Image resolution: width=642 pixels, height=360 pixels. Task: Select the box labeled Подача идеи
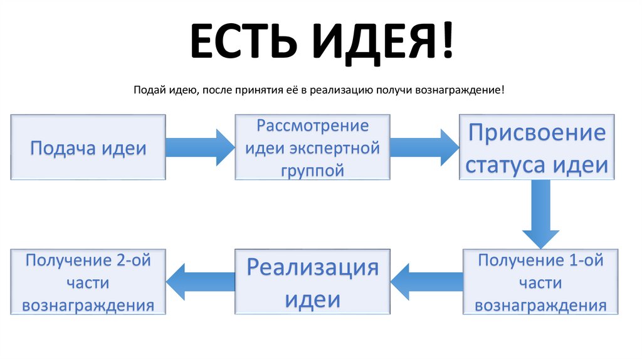pyautogui.click(x=88, y=148)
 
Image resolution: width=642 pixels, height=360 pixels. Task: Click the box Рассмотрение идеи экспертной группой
pyautogui.click(x=312, y=148)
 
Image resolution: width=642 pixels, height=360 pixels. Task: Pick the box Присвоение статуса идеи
pyautogui.click(x=537, y=148)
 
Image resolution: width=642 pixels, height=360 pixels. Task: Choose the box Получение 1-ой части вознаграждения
pyautogui.click(x=540, y=282)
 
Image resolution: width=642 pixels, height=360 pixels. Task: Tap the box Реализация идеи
pyautogui.click(x=312, y=282)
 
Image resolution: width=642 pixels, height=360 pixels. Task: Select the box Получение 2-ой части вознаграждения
pyautogui.click(x=88, y=282)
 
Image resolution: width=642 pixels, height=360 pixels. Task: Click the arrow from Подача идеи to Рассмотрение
pyautogui.click(x=200, y=147)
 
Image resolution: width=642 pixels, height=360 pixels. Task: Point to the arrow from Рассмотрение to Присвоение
pyautogui.click(x=424, y=147)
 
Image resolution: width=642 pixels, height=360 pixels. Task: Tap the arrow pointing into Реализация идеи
pyautogui.click(x=427, y=282)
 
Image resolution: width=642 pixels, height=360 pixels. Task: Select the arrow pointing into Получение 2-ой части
pyautogui.click(x=200, y=282)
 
